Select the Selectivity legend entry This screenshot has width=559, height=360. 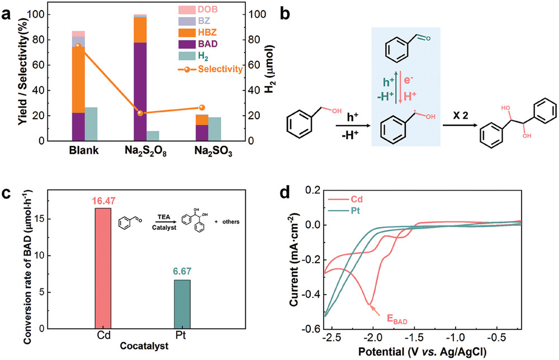coord(222,69)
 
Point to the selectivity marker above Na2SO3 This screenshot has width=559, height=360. coord(202,107)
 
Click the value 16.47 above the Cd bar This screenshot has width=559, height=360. coord(103,199)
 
